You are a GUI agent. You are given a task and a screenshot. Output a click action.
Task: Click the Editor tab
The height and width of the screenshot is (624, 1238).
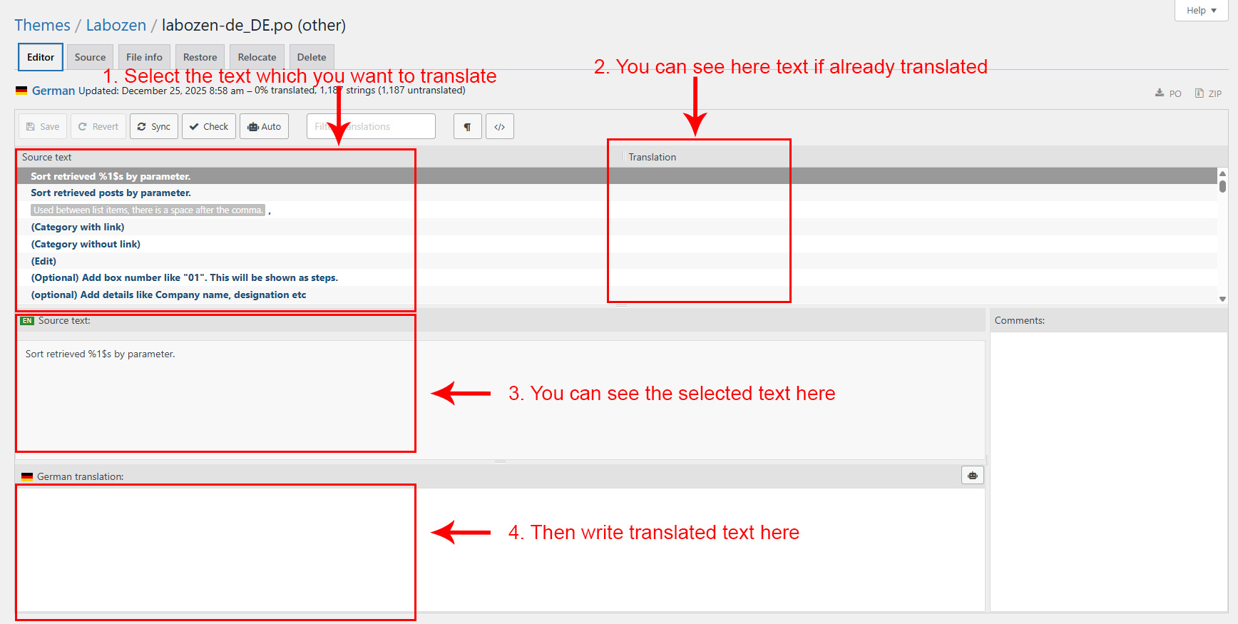(x=41, y=57)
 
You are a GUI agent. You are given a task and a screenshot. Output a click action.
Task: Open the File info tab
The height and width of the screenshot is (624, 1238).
(x=144, y=57)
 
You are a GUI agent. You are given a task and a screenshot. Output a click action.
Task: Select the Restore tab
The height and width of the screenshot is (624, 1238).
(x=200, y=57)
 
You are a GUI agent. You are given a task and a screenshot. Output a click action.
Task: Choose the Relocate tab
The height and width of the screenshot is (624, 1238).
(x=257, y=57)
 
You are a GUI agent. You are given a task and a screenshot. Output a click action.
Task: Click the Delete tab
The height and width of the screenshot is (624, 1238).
(x=312, y=57)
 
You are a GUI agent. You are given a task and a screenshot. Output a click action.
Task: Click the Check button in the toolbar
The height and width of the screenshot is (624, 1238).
(x=209, y=126)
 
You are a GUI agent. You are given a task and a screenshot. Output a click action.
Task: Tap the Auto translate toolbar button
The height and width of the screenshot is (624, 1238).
(x=265, y=126)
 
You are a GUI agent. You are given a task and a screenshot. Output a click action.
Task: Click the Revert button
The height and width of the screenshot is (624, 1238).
(x=98, y=126)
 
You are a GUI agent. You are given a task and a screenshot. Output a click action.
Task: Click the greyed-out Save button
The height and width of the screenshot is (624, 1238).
(x=43, y=126)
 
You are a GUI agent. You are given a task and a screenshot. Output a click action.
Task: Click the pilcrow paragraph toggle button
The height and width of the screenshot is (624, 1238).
(x=468, y=126)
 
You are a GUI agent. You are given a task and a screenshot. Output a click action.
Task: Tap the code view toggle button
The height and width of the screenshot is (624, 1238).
(x=500, y=126)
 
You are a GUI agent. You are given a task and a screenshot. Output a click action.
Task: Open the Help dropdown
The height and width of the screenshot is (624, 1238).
(x=1202, y=10)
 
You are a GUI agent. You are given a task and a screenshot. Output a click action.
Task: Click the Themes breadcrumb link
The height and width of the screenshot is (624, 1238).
(x=42, y=25)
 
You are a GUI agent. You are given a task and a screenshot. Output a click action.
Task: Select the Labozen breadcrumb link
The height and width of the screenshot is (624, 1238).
(x=116, y=25)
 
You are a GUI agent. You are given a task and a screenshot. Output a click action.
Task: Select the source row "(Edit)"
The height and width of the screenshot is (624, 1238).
(x=44, y=261)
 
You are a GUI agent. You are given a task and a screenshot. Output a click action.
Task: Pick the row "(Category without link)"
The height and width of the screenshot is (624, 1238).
(x=86, y=244)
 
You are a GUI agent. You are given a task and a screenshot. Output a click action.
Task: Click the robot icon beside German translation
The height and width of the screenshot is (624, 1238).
(x=973, y=476)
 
